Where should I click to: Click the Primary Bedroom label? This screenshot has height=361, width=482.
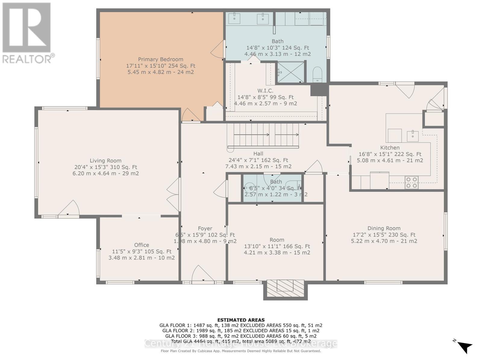pos(161,59)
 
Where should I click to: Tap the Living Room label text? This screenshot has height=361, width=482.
pos(105,161)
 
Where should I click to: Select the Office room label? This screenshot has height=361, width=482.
pos(142,245)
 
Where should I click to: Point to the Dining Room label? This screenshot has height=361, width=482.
pos(384,228)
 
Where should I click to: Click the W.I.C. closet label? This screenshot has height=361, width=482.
pos(265,91)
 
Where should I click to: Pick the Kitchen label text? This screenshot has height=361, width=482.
pos(390,148)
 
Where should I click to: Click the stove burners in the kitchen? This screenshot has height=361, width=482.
pos(412,182)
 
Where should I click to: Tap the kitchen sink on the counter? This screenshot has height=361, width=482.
pos(413,136)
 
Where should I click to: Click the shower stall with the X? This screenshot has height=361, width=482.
pos(291,72)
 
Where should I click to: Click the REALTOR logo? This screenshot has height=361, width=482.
pos(27,33)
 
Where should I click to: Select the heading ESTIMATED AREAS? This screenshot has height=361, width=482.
pos(241,320)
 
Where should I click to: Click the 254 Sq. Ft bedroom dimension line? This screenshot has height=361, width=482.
pos(161,66)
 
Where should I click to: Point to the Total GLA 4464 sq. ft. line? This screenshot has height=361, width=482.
pos(241,341)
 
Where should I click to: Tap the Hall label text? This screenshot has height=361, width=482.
pos(258,154)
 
